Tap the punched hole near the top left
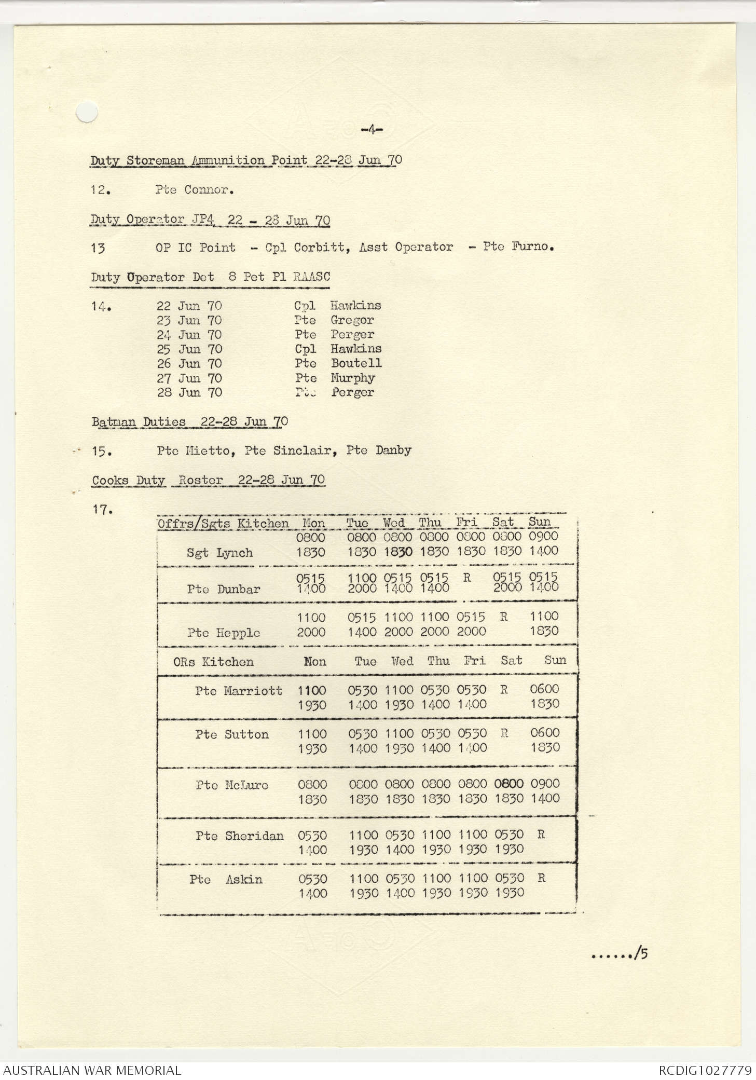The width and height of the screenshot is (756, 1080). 87,113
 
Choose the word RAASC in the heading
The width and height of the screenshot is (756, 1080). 311,277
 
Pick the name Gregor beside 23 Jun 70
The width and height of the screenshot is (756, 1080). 352,320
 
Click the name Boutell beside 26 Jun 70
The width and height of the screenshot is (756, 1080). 356,363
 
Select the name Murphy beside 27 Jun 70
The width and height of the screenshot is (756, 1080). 353,378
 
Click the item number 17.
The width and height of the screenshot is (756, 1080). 102,510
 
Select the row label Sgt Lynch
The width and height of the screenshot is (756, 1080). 219,553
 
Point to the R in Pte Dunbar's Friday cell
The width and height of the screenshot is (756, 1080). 466,577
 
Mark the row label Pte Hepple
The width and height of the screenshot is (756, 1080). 224,633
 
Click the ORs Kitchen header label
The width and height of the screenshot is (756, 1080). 213,662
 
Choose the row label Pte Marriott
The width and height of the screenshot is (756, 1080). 239,691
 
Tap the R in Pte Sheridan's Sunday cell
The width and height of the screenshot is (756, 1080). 541,835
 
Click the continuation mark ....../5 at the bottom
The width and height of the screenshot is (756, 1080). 620,953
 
